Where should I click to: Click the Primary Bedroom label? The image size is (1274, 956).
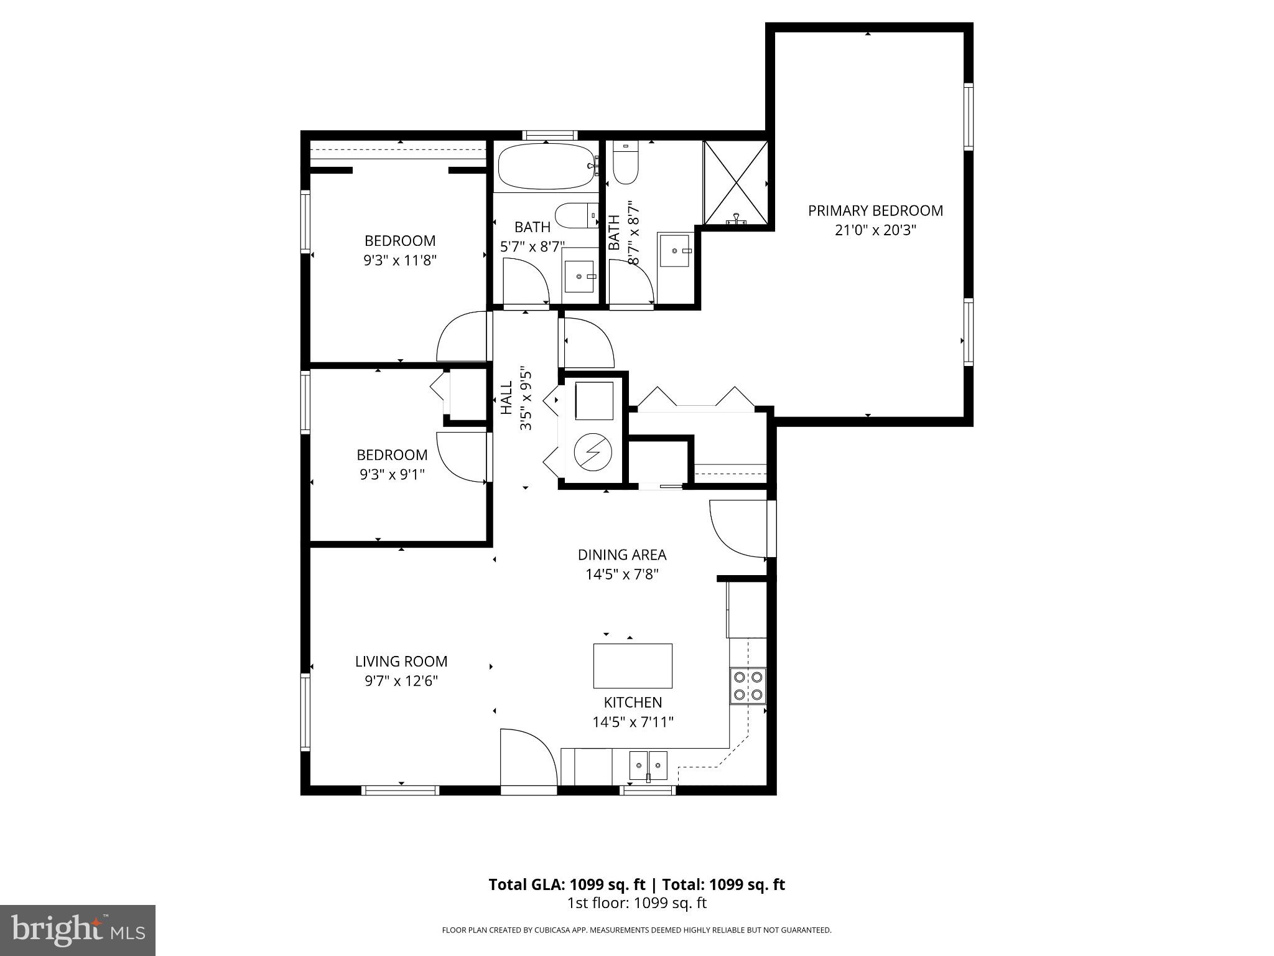875,211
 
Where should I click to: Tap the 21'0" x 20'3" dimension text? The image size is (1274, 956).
875,230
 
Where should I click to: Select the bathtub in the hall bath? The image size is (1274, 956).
546,166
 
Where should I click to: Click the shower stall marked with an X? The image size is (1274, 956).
735,182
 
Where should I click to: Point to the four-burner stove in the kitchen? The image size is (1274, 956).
748,685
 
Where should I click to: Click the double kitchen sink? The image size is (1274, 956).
648,765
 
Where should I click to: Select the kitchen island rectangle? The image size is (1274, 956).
633,665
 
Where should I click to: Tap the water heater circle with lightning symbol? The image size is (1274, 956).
592,451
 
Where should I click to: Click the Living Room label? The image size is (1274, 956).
401,662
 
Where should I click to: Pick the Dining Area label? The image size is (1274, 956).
621,555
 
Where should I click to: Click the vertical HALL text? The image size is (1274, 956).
507,398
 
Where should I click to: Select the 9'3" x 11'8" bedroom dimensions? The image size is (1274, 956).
400,260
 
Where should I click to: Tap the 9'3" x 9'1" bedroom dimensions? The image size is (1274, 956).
392,474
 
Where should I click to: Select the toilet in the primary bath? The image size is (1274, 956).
626,163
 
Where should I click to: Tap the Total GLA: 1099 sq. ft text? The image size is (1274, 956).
567,884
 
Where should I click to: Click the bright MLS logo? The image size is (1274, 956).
78,930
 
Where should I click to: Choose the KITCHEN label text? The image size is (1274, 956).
633,703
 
